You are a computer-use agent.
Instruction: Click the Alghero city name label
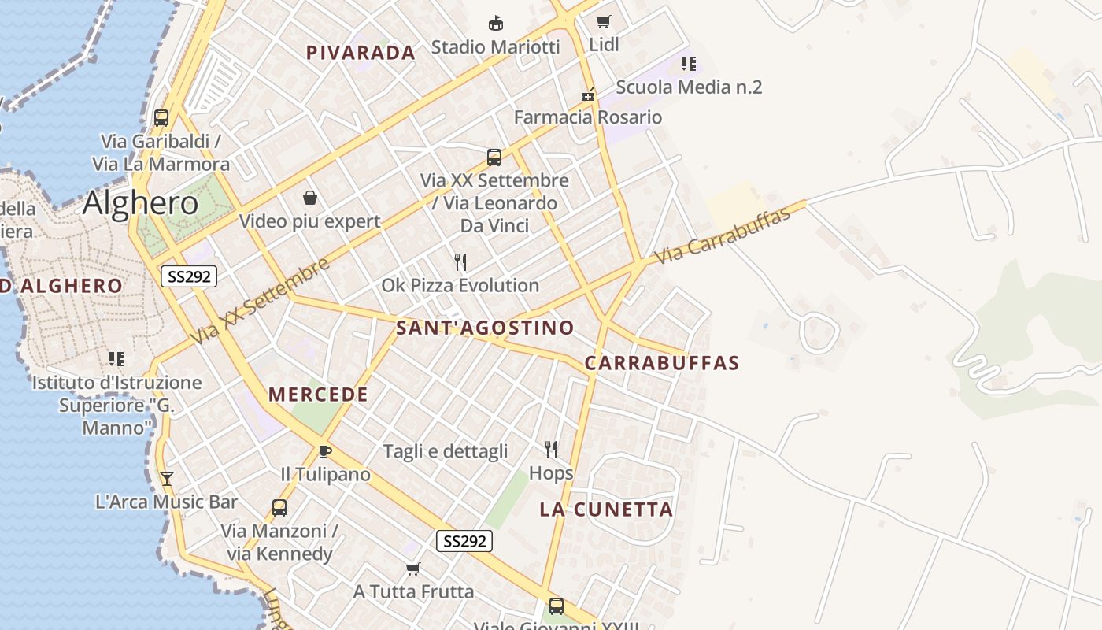click(x=140, y=203)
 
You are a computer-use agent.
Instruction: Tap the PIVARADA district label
click(x=361, y=53)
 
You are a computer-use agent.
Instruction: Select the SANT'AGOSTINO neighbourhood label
click(x=485, y=328)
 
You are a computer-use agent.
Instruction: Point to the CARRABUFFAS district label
click(x=662, y=363)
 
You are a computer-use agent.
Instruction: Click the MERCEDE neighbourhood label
click(x=318, y=395)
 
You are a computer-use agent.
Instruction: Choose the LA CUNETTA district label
click(x=606, y=510)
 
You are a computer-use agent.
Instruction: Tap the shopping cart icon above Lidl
click(x=604, y=21)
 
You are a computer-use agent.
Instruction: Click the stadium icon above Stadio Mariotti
click(x=495, y=23)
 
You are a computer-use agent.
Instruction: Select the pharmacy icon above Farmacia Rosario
click(x=588, y=94)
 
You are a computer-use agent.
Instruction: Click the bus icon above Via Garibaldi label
click(x=161, y=118)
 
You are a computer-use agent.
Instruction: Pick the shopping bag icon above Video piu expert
click(x=309, y=197)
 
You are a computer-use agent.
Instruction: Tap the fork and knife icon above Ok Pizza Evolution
click(x=460, y=261)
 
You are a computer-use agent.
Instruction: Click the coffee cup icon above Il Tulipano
click(x=324, y=451)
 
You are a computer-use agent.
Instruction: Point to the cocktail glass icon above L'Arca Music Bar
click(x=166, y=478)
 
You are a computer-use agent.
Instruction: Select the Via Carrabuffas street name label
click(x=722, y=235)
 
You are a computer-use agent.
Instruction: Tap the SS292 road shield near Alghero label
click(x=188, y=276)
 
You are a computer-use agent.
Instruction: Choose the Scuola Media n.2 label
click(x=689, y=87)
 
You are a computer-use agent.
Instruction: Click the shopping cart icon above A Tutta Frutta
click(x=412, y=569)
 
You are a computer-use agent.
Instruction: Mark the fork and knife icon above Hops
click(x=551, y=450)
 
